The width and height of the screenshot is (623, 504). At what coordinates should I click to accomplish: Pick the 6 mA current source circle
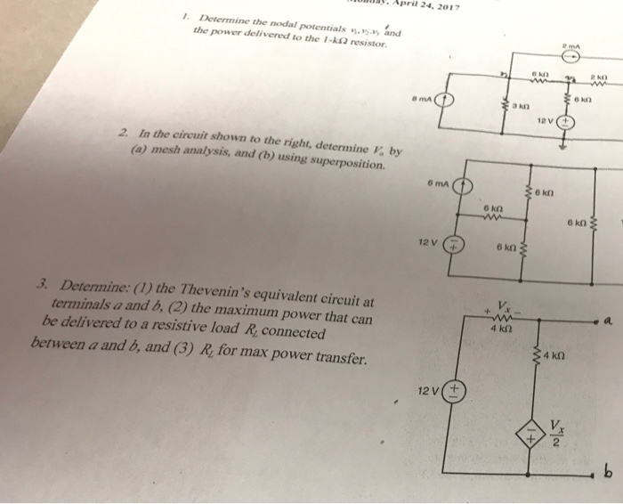[x=461, y=188]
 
